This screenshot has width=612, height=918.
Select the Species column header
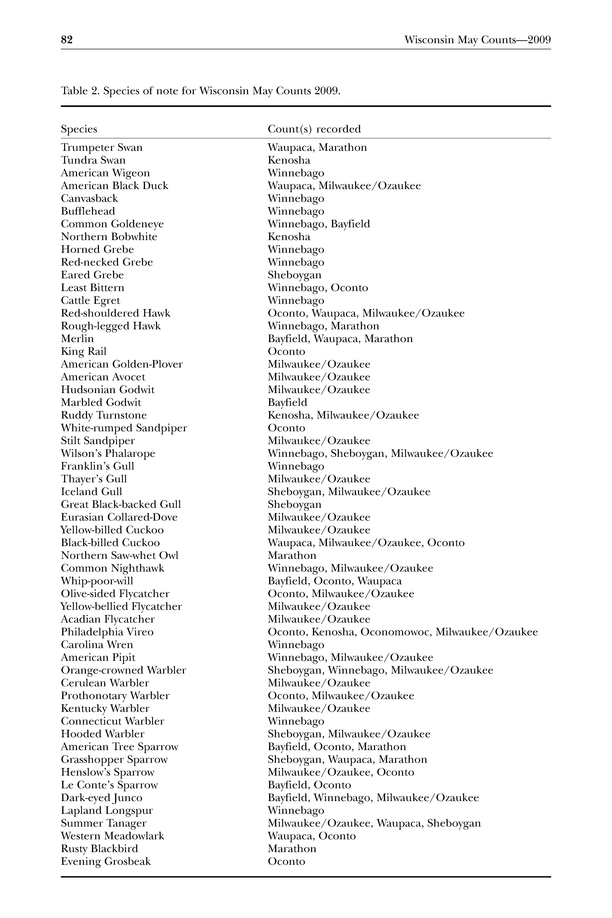pyautogui.click(x=79, y=129)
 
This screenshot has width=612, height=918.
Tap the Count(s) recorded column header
pyautogui.click(x=314, y=129)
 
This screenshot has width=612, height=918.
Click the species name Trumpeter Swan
pyautogui.click(x=102, y=148)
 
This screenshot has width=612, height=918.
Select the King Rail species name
pyautogui.click(x=83, y=352)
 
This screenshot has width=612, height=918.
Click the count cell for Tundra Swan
pyautogui.click(x=289, y=160)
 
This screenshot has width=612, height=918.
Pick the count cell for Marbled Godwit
pyautogui.click(x=287, y=402)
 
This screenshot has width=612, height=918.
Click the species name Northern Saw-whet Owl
pyautogui.click(x=120, y=555)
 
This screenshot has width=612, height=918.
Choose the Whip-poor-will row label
pyautogui.click(x=97, y=581)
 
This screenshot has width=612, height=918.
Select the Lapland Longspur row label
pyautogui.click(x=107, y=811)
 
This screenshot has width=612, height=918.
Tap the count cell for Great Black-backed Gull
pyautogui.click(x=294, y=505)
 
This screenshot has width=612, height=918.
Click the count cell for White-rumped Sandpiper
pyautogui.click(x=286, y=428)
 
